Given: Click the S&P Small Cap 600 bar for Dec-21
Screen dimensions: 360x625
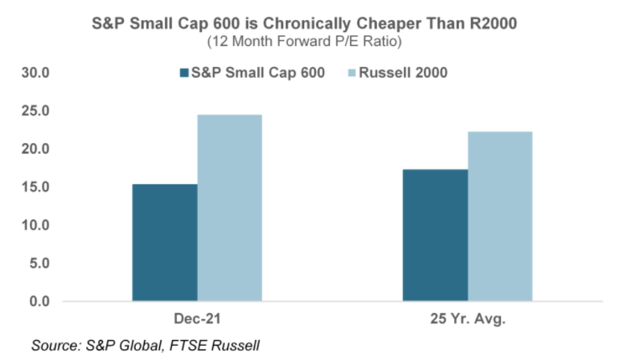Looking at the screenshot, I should pyautogui.click(x=165, y=242).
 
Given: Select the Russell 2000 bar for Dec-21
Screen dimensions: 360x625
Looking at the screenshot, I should pyautogui.click(x=230, y=208).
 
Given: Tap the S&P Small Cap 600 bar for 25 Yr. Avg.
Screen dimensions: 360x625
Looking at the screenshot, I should pyautogui.click(x=436, y=234).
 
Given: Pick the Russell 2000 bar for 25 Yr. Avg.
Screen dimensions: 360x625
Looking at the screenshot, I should pyautogui.click(x=500, y=216).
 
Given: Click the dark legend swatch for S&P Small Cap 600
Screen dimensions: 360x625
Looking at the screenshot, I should pyautogui.click(x=185, y=74).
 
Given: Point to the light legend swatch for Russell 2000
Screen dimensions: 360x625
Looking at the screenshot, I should pyautogui.click(x=349, y=74).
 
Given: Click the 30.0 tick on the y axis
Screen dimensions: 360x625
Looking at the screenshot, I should pyautogui.click(x=37, y=73).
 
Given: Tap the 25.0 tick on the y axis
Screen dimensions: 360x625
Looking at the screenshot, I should pyautogui.click(x=37, y=111).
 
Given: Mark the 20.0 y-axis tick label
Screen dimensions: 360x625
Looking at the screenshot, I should pyautogui.click(x=37, y=149).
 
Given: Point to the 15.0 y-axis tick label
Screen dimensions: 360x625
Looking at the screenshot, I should pyautogui.click(x=37, y=188).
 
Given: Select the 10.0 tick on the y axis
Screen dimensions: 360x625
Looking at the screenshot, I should pyautogui.click(x=37, y=225).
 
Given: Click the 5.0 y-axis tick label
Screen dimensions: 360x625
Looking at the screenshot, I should pyautogui.click(x=40, y=264).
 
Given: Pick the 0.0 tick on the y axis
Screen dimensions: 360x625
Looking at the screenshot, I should pyautogui.click(x=40, y=301).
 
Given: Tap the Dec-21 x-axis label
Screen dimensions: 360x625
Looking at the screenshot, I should pyautogui.click(x=197, y=321).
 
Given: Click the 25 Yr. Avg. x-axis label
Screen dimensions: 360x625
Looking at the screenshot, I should pyautogui.click(x=468, y=321).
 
